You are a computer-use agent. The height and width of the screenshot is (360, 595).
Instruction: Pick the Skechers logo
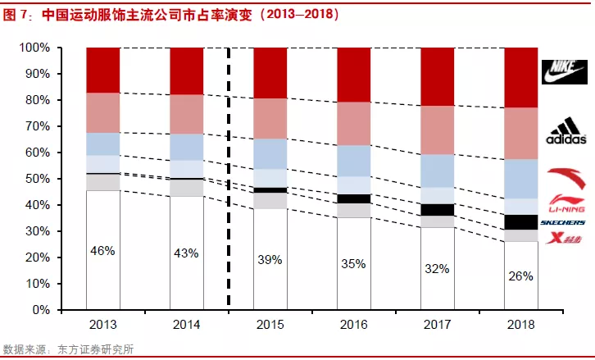coord(561,222)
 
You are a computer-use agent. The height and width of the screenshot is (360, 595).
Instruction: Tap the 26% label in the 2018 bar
coord(520,276)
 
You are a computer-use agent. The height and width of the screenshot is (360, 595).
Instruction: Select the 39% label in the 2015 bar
coord(270,259)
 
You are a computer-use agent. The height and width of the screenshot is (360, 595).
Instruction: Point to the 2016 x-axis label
coord(353,325)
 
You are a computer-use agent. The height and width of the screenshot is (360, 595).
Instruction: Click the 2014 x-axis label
coord(186,325)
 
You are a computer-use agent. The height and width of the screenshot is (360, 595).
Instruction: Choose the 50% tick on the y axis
coord(38,179)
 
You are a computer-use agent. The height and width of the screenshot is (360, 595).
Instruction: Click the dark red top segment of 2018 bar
coord(520,77)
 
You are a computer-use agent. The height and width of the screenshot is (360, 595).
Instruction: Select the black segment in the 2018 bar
coord(520,221)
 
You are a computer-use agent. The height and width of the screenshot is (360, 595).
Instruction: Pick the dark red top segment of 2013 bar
coord(102,70)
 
